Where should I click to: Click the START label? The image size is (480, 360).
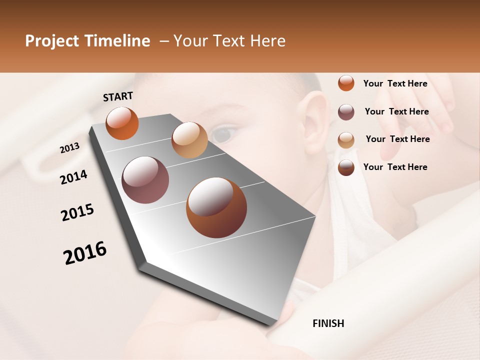tap(118, 96)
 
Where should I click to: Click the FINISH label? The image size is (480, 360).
tap(328, 323)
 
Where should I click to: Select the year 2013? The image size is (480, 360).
tap(69, 148)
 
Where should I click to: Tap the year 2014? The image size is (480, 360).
tap(73, 177)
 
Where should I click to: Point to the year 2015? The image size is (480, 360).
tap(77, 212)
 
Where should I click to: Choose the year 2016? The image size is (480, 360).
tap(85, 253)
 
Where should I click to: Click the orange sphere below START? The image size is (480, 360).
tap(122, 123)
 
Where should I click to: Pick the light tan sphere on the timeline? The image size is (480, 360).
tap(189, 139)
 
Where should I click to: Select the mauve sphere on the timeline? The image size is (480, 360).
tap(145, 180)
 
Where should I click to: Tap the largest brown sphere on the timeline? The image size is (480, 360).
tap(216, 207)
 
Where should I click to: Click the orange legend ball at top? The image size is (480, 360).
tap(346, 83)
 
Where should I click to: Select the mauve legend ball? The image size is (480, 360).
tap(346, 112)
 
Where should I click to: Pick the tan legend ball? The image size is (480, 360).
tap(346, 139)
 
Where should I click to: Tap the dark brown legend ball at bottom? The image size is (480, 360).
tap(346, 167)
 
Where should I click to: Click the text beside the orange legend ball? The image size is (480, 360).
tap(395, 83)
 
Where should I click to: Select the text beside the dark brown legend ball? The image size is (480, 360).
tap(395, 167)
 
